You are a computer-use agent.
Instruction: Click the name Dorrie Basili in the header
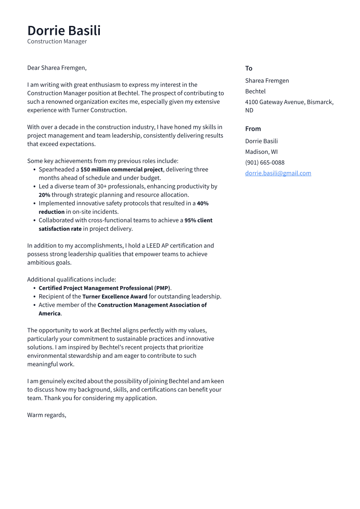tap(64, 31)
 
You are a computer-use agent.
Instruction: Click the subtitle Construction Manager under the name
tap(57, 41)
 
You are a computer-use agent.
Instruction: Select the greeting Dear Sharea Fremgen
tap(57, 68)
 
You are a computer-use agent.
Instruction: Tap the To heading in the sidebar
tap(248, 68)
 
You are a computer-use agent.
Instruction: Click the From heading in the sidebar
tap(253, 129)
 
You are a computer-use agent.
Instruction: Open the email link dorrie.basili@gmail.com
tap(278, 173)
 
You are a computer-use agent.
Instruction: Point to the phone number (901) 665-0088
tap(264, 162)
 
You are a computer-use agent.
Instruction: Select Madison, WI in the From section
tap(261, 152)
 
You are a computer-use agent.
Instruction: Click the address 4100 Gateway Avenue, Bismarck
tap(289, 102)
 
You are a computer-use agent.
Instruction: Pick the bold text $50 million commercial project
tap(121, 169)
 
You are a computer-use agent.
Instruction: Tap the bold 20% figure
tap(45, 195)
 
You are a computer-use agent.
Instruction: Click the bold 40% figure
tap(202, 204)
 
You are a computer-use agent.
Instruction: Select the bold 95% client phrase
tap(198, 220)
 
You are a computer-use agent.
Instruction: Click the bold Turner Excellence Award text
tap(115, 296)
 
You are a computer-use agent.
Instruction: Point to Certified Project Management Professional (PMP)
tap(104, 288)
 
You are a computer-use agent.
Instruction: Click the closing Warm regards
tap(47, 415)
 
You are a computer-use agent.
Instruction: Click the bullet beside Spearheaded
tap(34, 170)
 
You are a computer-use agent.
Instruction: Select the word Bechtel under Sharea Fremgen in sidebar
tap(255, 91)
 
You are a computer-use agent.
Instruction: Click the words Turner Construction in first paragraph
tap(99, 110)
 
